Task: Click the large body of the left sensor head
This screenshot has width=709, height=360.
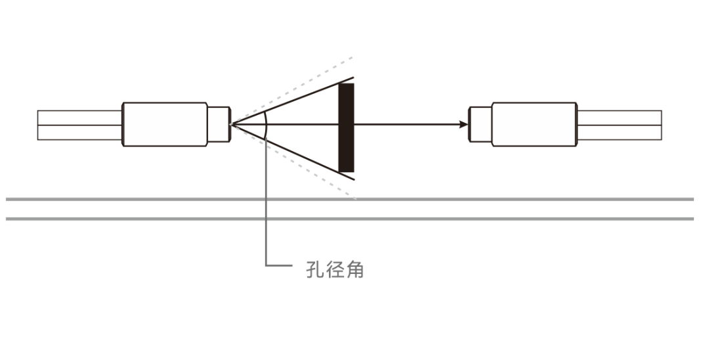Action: click(165, 124)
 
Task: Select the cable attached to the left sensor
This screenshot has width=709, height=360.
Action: click(79, 125)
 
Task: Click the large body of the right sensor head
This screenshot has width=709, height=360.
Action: click(534, 124)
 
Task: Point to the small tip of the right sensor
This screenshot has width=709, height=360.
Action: click(480, 124)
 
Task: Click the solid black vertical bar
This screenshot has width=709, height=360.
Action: click(346, 127)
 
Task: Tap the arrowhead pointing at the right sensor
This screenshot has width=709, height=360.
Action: click(465, 124)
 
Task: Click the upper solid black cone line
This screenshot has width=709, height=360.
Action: click(295, 99)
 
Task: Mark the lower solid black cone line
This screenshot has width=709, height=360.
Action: click(295, 150)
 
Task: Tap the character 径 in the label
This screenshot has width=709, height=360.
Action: click(335, 270)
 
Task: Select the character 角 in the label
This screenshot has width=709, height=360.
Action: click(355, 270)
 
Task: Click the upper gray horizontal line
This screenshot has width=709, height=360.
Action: click(460, 198)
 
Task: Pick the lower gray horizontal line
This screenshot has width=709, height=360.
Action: click(460, 219)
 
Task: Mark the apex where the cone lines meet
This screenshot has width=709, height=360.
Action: click(232, 124)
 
